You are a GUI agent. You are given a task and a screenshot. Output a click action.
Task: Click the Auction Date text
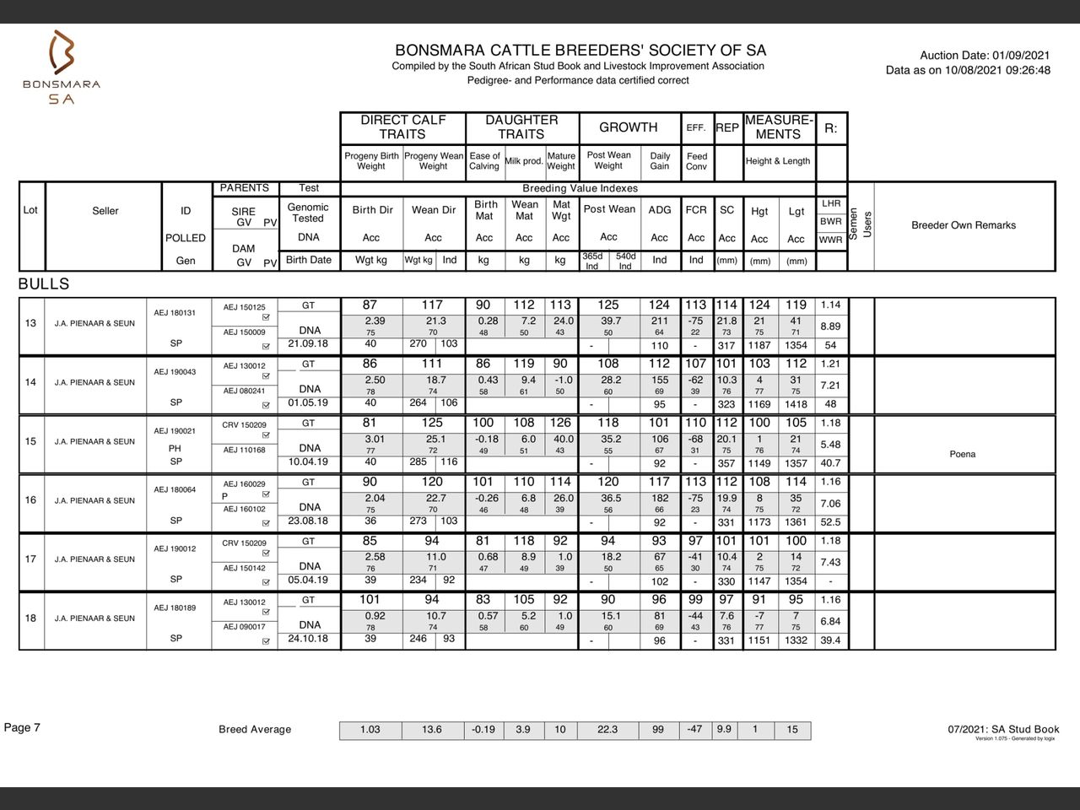coord(985,55)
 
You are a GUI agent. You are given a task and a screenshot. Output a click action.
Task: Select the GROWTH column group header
coord(628,127)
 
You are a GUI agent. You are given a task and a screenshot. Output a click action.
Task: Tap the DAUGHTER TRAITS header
coord(521,127)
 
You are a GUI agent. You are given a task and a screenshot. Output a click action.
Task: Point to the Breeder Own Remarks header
coord(963,225)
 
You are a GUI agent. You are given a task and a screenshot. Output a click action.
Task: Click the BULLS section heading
coord(44,284)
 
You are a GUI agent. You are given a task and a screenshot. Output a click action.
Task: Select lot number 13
coord(30,323)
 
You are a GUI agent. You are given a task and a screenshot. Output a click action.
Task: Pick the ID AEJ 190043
coord(175,372)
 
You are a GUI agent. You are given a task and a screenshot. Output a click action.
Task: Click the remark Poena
coord(962,454)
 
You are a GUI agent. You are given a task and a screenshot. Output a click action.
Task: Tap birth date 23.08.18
coord(308,521)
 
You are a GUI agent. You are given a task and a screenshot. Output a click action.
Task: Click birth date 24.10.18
coord(308,639)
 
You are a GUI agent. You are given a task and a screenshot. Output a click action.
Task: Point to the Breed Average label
coord(255,730)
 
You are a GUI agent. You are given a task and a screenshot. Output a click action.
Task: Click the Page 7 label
coord(22,728)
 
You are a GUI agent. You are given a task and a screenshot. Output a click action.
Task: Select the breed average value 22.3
coord(607,730)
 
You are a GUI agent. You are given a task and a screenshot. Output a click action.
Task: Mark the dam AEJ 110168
coord(243,450)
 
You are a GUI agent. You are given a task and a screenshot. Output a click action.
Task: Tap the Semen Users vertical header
coord(861,224)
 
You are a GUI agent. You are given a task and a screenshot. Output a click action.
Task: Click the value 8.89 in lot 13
coord(830,326)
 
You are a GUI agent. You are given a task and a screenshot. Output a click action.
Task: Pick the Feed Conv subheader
coord(696,161)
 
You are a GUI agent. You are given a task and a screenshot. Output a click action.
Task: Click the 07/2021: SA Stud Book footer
coord(1003,729)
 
